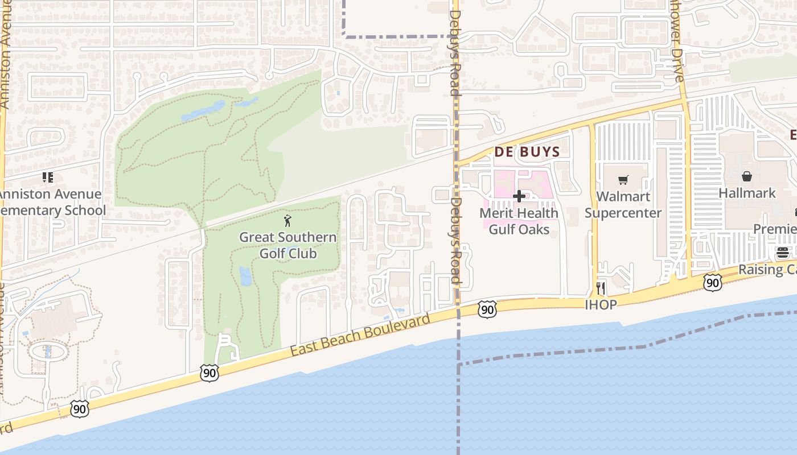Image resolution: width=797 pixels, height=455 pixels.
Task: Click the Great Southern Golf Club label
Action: (x=287, y=245)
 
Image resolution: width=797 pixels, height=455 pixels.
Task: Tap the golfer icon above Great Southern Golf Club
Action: (x=287, y=221)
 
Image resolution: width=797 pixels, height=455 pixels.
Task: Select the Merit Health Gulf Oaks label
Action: (x=519, y=221)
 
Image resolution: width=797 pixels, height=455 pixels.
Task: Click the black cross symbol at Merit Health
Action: (x=519, y=197)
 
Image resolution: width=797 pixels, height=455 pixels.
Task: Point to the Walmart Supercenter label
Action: (x=623, y=205)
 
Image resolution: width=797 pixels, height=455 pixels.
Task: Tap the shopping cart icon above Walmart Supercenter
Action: (x=623, y=180)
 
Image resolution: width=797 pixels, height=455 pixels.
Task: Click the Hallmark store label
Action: (x=747, y=193)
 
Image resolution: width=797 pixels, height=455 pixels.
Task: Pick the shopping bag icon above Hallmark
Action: (x=747, y=177)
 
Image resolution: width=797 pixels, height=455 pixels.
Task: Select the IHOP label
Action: (x=601, y=305)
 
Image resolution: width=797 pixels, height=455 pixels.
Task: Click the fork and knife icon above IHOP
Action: (x=601, y=288)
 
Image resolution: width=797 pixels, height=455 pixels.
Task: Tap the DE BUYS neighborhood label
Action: (x=527, y=152)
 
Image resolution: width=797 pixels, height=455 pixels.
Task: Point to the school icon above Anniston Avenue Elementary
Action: (x=48, y=177)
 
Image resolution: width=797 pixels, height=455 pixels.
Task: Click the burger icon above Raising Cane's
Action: (x=783, y=253)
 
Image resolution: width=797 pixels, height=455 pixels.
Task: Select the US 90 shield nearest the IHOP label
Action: (x=487, y=309)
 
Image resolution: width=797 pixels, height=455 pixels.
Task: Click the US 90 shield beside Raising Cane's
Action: (x=712, y=283)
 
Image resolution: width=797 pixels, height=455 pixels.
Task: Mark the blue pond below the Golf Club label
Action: (x=245, y=276)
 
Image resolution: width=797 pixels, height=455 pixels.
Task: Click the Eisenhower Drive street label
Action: (x=677, y=51)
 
